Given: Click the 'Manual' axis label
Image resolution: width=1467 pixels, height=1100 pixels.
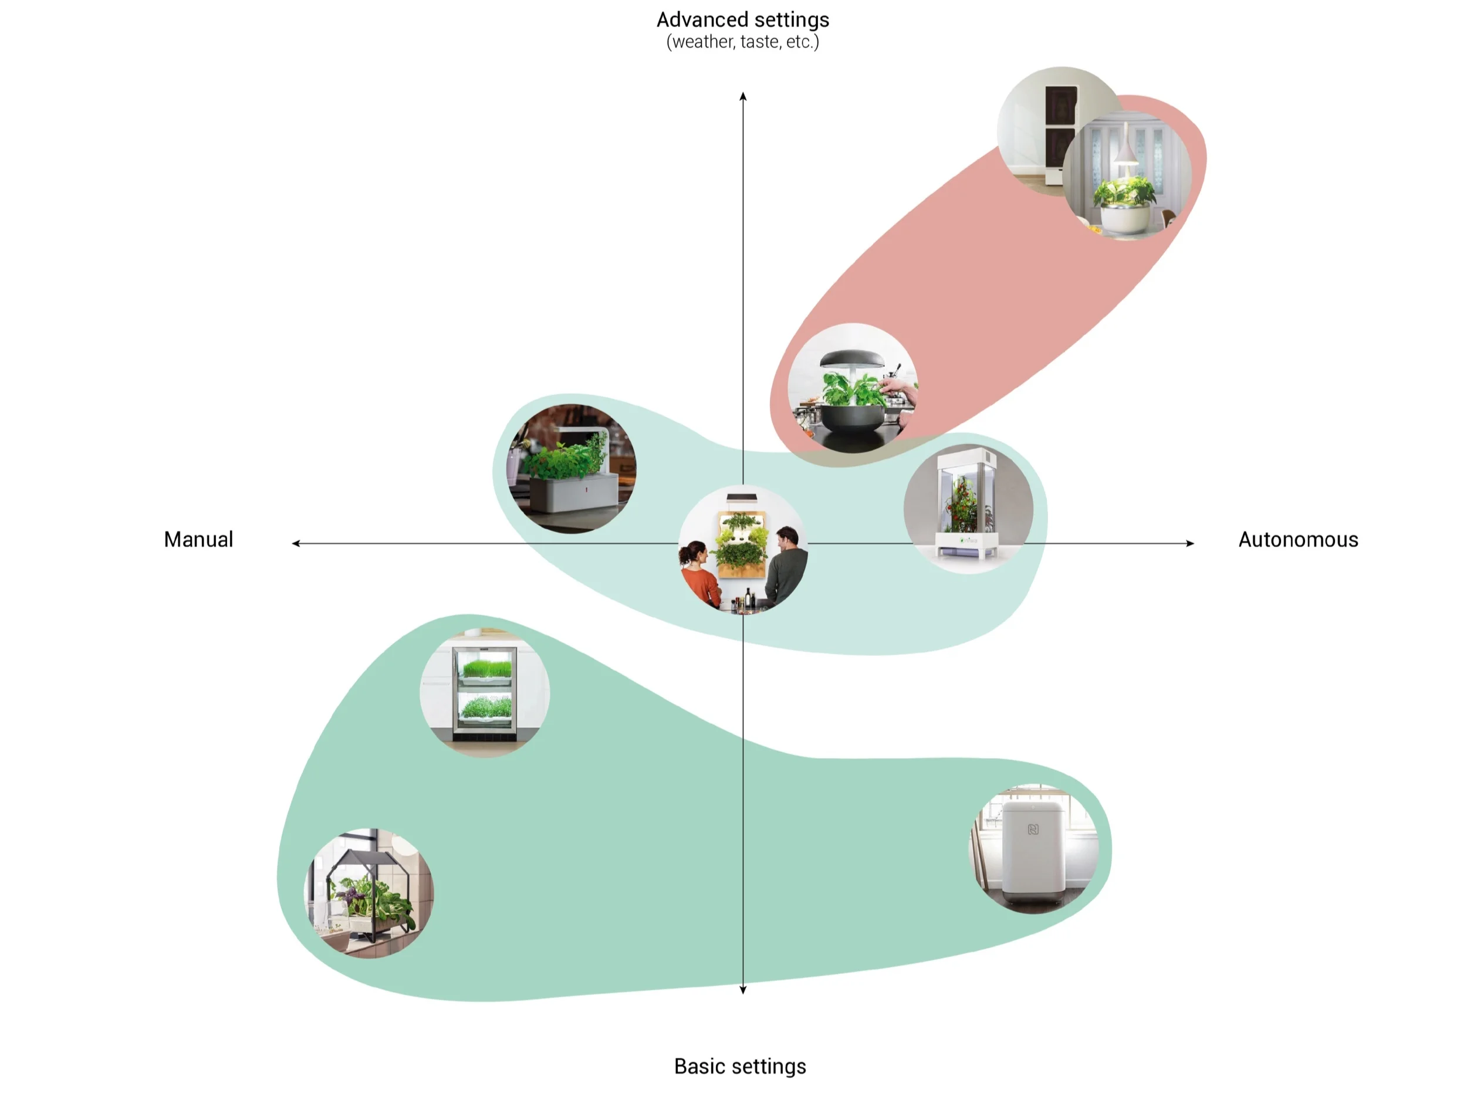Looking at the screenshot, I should [x=198, y=540].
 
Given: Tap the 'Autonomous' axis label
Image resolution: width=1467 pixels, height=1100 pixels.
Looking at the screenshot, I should [x=1298, y=540].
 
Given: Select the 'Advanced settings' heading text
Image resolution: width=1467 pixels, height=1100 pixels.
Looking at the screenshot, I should [x=743, y=20].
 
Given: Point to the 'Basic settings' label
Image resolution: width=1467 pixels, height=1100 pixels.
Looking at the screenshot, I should [x=740, y=1066].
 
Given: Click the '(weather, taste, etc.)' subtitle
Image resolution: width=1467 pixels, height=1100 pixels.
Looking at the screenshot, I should [x=743, y=42].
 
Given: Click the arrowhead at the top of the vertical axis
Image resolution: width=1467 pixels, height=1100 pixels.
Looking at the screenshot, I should [x=743, y=97].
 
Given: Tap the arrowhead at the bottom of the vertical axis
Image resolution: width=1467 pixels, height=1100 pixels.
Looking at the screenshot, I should [x=743, y=990].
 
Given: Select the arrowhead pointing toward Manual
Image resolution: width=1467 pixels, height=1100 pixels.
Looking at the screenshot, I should [x=296, y=543].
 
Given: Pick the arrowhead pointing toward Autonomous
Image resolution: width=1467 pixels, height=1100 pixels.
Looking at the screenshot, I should [x=1190, y=543].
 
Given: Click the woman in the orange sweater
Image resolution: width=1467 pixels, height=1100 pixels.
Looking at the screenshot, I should [x=699, y=571].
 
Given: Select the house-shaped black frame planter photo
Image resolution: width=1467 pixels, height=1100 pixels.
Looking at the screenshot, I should [x=368, y=892].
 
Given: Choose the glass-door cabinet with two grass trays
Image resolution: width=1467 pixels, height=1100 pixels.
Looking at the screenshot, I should [x=484, y=693].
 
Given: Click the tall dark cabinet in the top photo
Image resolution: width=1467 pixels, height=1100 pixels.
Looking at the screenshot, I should [x=1059, y=133].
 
